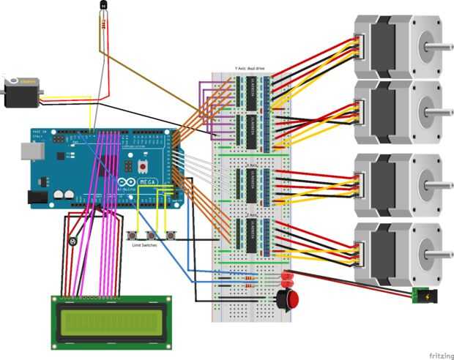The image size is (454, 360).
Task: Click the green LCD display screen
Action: click(111, 322)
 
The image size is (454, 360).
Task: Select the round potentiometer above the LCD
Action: click(72, 241)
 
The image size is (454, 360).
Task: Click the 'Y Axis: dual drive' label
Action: click(250, 68)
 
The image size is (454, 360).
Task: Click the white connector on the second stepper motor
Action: click(360, 110)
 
